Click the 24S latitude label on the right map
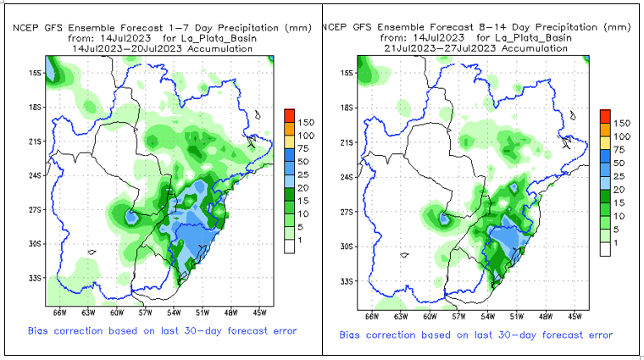347,177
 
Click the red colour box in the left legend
289,114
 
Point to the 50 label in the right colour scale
620,163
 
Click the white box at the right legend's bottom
604,249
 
